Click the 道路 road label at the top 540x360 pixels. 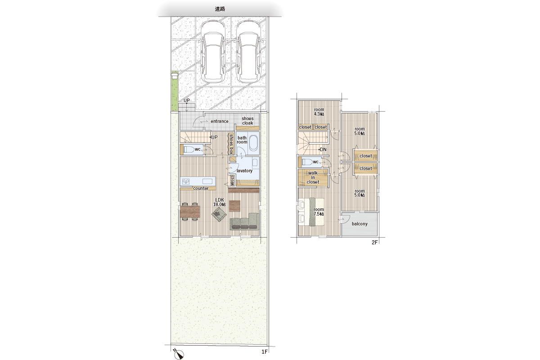tap(220, 9)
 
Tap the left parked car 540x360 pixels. tap(213, 51)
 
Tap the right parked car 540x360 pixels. tap(248, 51)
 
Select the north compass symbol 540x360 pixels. tap(179, 354)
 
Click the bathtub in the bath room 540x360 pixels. tap(253, 143)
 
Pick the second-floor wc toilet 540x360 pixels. tap(307, 162)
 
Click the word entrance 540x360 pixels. tap(220, 121)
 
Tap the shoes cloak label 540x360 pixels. tap(247, 121)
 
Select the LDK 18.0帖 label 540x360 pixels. tap(220, 202)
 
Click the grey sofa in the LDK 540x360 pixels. tap(244, 221)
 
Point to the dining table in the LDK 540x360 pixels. tap(190, 211)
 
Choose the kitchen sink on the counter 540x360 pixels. tap(207, 181)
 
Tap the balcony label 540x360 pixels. tap(360, 224)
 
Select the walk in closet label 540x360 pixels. tap(313, 177)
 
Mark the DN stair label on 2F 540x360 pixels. tap(323, 149)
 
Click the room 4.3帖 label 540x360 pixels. tap(319, 112)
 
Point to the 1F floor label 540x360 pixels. tap(265, 352)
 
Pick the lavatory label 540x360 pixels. tap(244, 171)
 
